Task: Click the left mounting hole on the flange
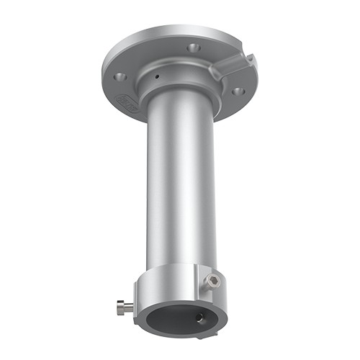[x=120, y=75]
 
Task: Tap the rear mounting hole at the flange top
[x=192, y=48]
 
